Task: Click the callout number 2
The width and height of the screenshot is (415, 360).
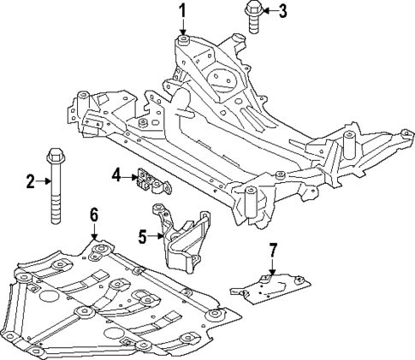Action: pos(29,180)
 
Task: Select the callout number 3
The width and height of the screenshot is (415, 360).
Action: pos(284,11)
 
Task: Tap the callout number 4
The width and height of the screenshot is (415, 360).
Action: pos(116,175)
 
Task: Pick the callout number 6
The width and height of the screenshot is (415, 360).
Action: pos(94,215)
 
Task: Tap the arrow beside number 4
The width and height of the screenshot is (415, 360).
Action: pos(128,175)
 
